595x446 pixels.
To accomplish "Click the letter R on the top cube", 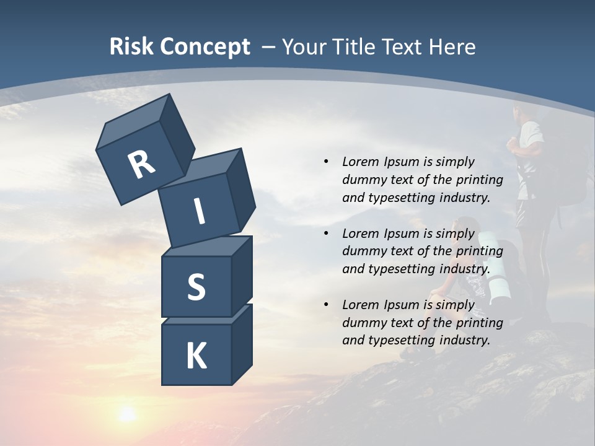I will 141,165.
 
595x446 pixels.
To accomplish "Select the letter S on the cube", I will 196,286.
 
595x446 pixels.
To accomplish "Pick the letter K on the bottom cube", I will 196,356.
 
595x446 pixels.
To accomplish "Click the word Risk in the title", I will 131,47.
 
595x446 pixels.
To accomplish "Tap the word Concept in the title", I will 205,47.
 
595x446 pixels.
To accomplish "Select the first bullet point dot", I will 326,162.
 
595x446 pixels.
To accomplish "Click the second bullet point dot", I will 326,234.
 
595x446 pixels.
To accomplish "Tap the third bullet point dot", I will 326,305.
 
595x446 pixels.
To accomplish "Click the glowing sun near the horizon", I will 127,413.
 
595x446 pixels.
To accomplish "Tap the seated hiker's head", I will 464,228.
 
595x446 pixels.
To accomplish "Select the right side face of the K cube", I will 242,344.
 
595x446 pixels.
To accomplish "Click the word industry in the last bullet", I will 465,340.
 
